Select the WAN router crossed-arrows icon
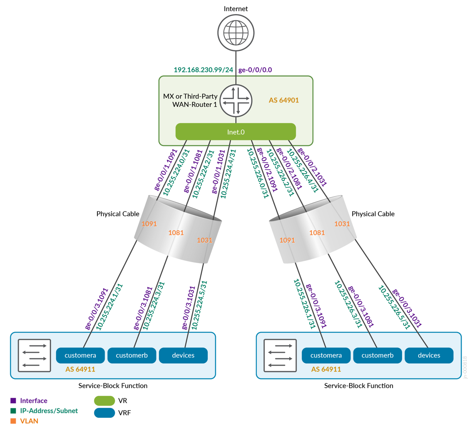click(x=236, y=100)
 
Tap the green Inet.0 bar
click(x=236, y=131)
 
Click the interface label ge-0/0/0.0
click(x=255, y=70)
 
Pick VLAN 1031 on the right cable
click(x=342, y=224)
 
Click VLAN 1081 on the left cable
click(x=176, y=233)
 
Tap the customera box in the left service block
click(x=80, y=355)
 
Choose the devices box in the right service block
click(x=429, y=355)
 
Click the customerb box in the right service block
click(x=377, y=355)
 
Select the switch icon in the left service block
click(x=35, y=355)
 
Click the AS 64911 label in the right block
click(x=326, y=369)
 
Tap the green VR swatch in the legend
click(x=105, y=401)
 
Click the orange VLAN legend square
click(x=13, y=421)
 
